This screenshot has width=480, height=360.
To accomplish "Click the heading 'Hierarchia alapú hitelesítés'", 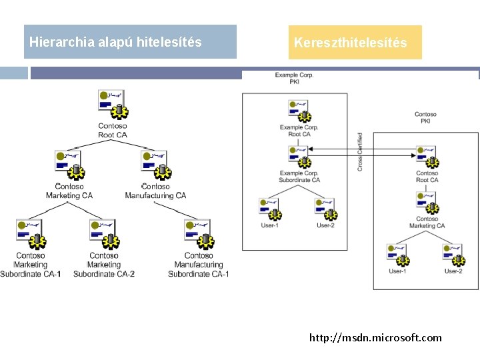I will (x=115, y=42).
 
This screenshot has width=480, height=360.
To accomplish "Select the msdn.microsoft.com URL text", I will (x=375, y=337).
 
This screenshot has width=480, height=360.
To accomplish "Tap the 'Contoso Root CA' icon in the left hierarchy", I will (x=111, y=104).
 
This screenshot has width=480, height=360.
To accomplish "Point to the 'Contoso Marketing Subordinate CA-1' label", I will (x=31, y=265).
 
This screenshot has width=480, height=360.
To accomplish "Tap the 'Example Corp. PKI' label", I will (x=294, y=79).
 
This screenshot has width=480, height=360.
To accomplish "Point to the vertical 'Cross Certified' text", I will (x=360, y=151).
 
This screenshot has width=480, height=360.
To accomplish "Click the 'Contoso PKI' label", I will (x=425, y=118).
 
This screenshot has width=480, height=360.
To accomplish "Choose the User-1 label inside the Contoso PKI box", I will (x=397, y=271).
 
